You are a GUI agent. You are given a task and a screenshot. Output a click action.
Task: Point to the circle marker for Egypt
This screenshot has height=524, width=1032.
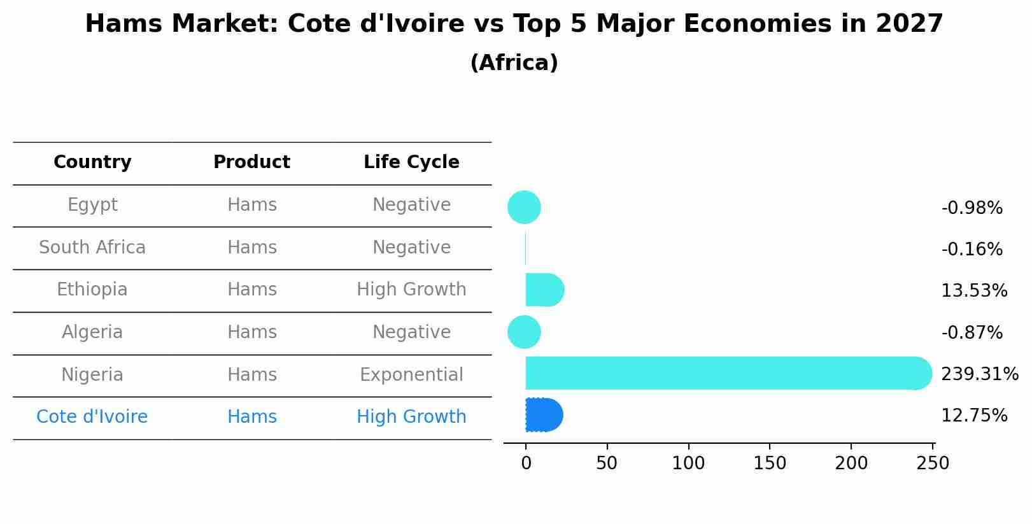pos(524,208)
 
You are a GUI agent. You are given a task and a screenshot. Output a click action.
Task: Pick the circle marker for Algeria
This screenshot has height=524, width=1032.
pos(524,332)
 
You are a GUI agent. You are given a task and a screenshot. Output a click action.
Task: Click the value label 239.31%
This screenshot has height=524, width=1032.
pos(979,374)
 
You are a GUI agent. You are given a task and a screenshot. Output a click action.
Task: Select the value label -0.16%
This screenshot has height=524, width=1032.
pos(972,250)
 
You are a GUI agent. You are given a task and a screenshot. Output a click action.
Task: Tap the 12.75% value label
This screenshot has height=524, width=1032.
pos(973,416)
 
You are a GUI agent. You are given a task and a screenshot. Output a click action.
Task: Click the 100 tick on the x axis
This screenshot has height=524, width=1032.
pos(688,464)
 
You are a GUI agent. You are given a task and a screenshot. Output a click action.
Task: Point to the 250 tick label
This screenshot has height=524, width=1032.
pos(933,464)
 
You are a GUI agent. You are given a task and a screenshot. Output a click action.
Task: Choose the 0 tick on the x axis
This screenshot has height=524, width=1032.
pos(526,464)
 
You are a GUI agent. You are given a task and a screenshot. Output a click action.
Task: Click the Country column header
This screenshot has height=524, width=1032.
pos(92,162)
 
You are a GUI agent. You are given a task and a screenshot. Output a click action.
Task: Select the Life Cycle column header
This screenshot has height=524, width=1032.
pos(411,162)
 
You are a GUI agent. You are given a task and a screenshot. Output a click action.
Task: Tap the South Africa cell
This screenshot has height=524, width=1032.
pos(92,247)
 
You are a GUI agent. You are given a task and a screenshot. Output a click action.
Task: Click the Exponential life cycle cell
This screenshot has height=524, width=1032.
pos(411,374)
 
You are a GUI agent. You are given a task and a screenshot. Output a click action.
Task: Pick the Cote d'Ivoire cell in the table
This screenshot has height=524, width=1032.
pos(92,417)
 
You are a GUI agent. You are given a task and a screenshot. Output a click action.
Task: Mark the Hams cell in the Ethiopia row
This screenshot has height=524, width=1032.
pos(252,290)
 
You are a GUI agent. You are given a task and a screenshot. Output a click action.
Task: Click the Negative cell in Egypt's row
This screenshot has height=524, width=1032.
pos(411,205)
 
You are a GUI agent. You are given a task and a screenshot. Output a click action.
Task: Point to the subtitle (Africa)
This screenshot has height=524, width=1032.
pos(514,63)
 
